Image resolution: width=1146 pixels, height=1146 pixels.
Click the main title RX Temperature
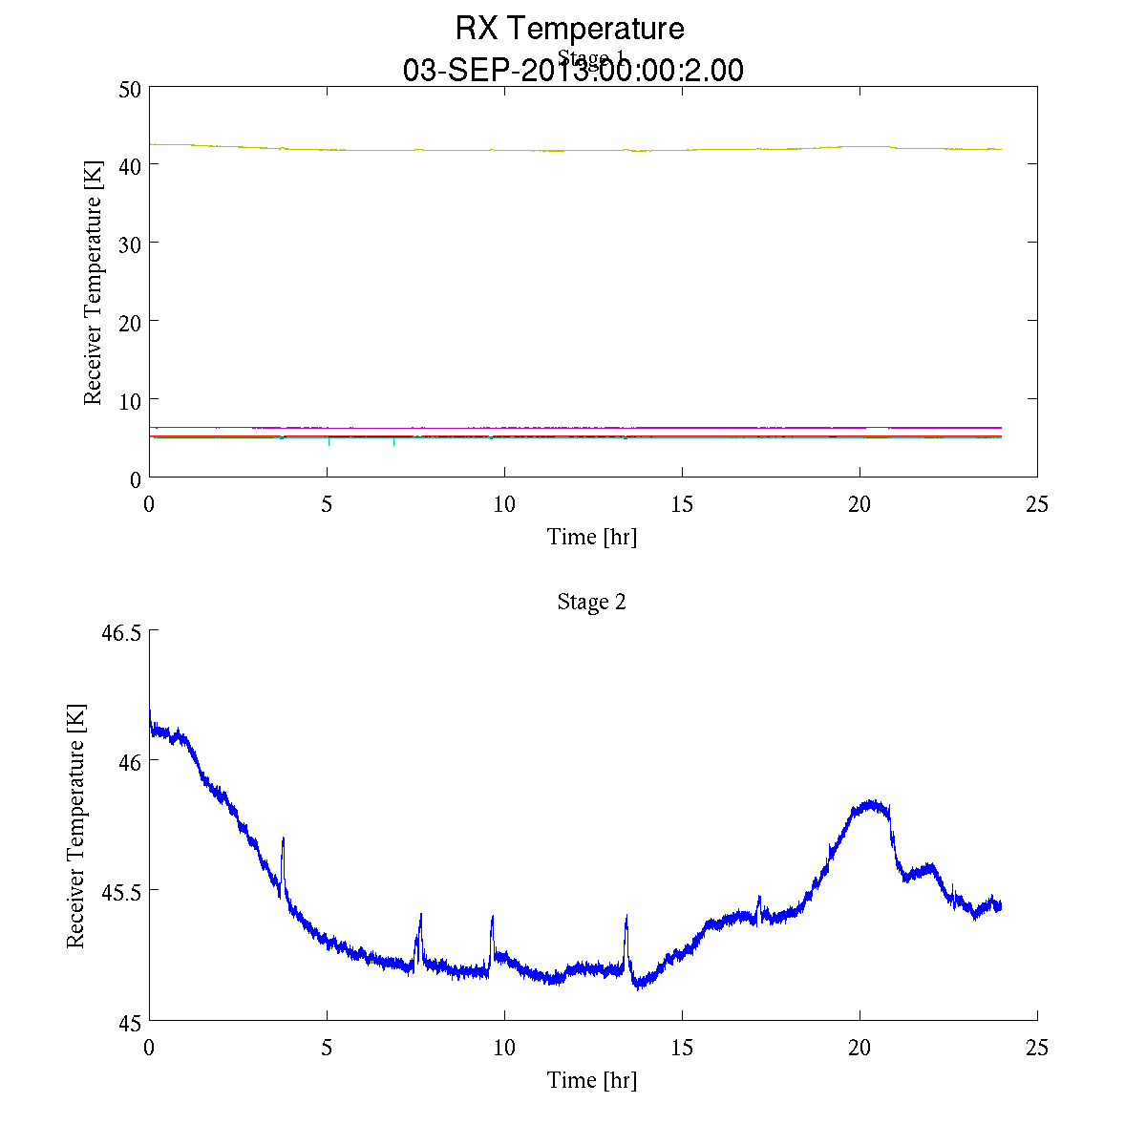[569, 29]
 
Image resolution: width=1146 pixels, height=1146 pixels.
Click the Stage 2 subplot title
[591, 602]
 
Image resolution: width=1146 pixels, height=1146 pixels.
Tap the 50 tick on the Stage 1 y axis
[130, 88]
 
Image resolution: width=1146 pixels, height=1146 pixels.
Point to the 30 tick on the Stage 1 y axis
[130, 244]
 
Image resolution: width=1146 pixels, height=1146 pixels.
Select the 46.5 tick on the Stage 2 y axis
[121, 632]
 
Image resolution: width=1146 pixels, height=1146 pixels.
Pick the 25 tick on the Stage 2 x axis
[1036, 1048]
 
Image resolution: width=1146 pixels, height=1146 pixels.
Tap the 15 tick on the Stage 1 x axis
[682, 504]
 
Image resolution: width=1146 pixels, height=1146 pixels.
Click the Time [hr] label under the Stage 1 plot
[591, 537]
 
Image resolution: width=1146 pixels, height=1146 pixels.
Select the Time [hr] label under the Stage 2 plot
[591, 1080]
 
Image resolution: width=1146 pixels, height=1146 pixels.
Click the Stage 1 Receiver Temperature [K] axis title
[93, 283]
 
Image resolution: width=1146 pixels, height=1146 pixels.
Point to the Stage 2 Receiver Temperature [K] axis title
[75, 826]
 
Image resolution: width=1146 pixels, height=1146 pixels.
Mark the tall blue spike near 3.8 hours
[284, 839]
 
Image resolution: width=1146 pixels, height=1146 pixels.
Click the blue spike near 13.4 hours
[626, 918]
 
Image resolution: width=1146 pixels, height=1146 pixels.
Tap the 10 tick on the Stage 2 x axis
[504, 1048]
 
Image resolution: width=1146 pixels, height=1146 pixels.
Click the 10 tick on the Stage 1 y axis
[130, 399]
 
